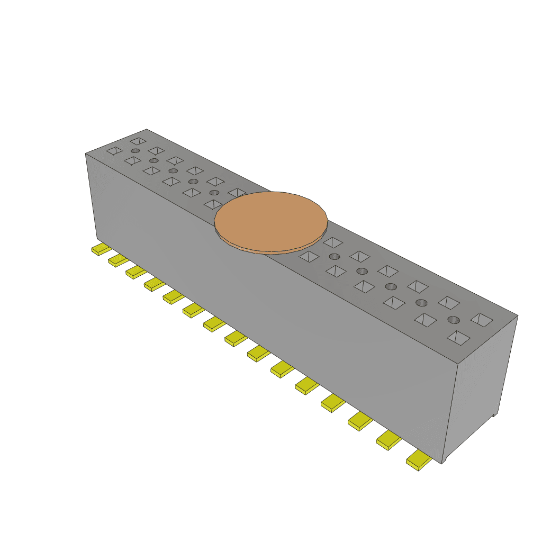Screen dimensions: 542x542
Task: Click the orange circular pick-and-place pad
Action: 271,219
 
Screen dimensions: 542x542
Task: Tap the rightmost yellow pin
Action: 419,461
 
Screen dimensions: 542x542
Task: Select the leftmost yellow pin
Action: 101,249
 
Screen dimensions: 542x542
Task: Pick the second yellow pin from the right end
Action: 389,440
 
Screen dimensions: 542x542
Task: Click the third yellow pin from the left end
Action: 136,272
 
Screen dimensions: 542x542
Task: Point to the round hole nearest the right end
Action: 454,320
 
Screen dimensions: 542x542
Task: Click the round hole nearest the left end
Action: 135,151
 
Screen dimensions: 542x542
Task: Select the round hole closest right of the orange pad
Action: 334,257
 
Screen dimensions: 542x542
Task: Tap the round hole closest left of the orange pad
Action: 214,193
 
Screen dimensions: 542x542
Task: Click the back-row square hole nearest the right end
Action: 482,320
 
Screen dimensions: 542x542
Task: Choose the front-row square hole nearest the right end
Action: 458,337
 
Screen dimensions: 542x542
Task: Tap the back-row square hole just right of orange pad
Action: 333,242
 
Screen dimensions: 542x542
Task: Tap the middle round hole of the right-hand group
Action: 391,286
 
